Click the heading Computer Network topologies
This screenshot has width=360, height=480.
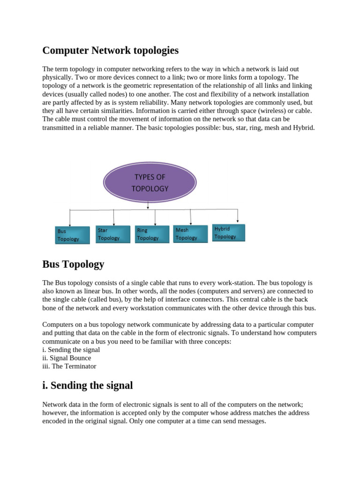(x=111, y=50)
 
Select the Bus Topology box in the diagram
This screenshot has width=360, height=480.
(x=70, y=235)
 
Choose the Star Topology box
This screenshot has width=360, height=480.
(x=112, y=234)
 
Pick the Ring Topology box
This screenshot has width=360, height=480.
(x=151, y=234)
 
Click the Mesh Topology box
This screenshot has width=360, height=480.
(x=191, y=233)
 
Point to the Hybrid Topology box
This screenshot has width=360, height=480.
(x=229, y=232)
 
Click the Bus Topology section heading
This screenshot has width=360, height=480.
(x=73, y=264)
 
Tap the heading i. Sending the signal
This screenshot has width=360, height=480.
(x=88, y=385)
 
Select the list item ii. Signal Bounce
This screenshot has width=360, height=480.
(x=67, y=358)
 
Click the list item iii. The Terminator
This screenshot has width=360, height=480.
(x=69, y=366)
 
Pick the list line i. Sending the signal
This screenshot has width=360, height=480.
(x=71, y=349)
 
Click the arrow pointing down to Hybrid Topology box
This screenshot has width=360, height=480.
(x=238, y=216)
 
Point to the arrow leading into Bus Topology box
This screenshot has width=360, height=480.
(x=70, y=218)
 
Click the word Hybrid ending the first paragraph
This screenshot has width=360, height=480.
(x=304, y=127)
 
